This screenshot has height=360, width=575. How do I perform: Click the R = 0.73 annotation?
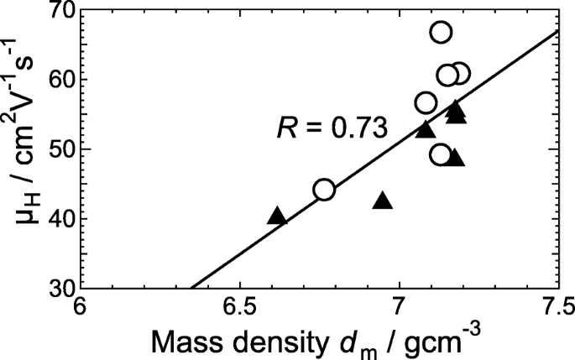pyautogui.click(x=332, y=128)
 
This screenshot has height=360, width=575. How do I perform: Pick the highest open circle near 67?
pyautogui.click(x=441, y=33)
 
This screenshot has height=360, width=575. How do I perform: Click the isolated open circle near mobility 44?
pyautogui.click(x=324, y=190)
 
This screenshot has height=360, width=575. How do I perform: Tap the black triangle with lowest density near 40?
pyautogui.click(x=277, y=217)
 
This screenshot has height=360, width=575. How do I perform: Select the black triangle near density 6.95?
pyautogui.click(x=383, y=201)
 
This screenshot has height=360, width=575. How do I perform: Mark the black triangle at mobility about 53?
pyautogui.click(x=426, y=129)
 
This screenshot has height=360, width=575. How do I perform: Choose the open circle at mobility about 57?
pyautogui.click(x=426, y=103)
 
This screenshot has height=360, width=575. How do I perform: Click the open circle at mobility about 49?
pyautogui.click(x=441, y=154)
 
